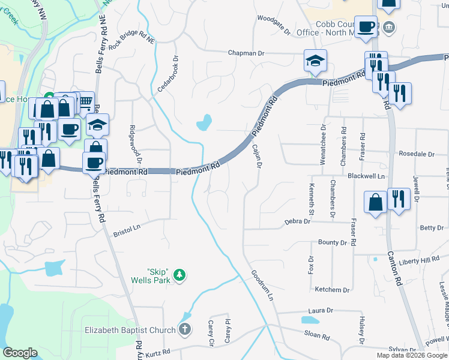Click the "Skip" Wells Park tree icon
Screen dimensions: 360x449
click(179, 275)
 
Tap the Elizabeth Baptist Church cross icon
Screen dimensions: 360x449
click(185, 329)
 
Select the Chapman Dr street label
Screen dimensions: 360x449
click(246, 53)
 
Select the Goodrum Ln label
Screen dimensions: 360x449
click(262, 285)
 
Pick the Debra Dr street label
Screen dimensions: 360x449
click(297, 221)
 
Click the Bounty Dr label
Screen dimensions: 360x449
click(333, 243)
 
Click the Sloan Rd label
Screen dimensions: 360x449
click(317, 337)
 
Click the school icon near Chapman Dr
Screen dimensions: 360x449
click(315, 60)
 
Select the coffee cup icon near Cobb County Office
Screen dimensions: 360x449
click(366, 26)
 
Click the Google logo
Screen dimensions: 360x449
click(20, 353)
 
